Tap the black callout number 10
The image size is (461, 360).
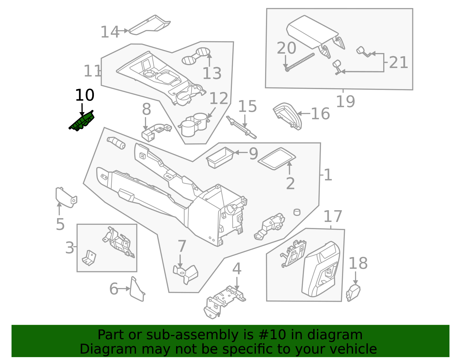84,95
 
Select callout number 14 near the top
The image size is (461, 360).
109,32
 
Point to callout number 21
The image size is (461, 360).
398,63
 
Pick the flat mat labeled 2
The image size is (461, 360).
277,159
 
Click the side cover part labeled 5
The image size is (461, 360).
65,197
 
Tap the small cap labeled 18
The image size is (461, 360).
353,293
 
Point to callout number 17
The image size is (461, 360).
333,217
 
